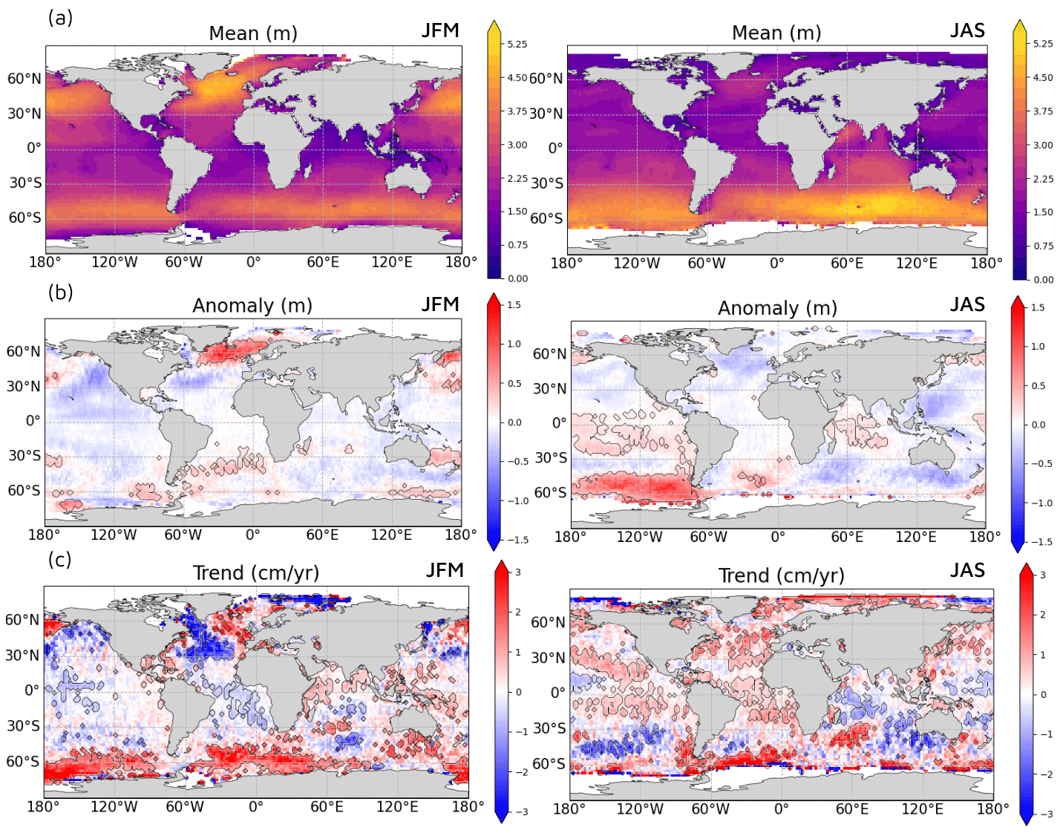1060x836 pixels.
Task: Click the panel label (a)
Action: (x=60, y=18)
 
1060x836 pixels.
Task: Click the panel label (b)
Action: (x=60, y=293)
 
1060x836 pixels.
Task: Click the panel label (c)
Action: (x=60, y=559)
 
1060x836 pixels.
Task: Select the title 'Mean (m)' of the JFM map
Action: (x=253, y=33)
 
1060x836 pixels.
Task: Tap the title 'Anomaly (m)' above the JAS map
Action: (x=777, y=308)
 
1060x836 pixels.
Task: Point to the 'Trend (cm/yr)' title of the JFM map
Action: (x=256, y=573)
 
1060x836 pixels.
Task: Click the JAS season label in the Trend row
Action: (x=967, y=570)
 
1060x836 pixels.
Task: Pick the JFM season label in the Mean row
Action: (x=440, y=30)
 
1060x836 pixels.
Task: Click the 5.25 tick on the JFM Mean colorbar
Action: (x=517, y=45)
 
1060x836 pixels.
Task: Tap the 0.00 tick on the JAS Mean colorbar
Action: (x=1043, y=280)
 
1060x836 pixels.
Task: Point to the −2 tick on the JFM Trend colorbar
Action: (x=522, y=772)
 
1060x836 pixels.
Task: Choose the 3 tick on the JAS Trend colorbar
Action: (x=1043, y=575)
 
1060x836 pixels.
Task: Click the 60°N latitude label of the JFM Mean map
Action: (x=24, y=79)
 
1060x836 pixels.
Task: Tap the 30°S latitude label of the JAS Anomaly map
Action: (x=550, y=457)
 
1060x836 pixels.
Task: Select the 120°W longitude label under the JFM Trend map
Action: (x=114, y=807)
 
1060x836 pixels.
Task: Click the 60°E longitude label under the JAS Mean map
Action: (x=847, y=264)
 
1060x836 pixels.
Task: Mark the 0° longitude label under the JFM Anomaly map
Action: (x=253, y=535)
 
